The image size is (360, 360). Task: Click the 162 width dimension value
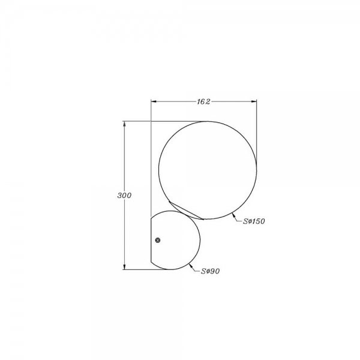[x=203, y=101]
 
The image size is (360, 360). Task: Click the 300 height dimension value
[x=124, y=196]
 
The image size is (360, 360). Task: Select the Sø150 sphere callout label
[x=254, y=221]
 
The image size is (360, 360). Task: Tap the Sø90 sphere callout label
[x=211, y=271]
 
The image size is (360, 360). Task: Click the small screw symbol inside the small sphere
[x=158, y=240]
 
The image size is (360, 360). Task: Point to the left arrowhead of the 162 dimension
[x=154, y=101]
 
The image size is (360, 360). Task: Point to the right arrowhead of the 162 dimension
[x=254, y=101]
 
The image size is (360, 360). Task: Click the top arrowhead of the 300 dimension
[x=124, y=124]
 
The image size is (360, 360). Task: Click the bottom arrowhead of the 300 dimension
[x=124, y=266]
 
